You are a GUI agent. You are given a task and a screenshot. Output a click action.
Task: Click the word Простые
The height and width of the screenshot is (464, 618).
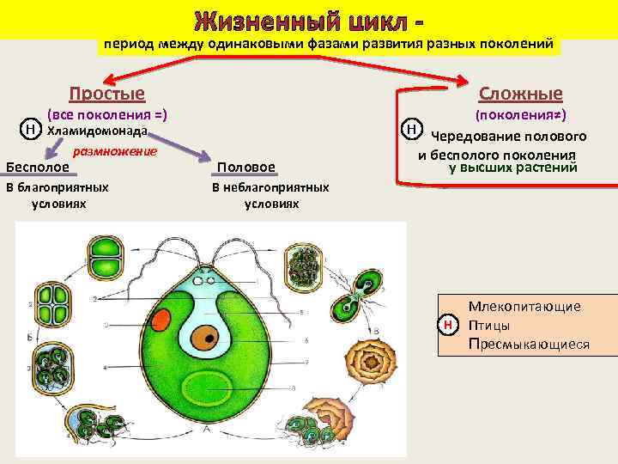(106, 94)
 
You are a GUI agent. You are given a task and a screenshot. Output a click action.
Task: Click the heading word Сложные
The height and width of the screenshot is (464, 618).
(520, 94)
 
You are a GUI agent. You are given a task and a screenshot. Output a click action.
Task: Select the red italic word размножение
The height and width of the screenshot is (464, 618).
(115, 151)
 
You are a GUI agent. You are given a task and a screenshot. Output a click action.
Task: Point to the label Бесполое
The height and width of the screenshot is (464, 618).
(37, 166)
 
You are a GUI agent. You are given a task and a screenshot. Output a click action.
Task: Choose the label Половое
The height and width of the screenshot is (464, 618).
(246, 167)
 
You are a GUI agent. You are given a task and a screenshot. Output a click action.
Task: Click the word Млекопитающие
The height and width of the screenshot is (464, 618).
(524, 306)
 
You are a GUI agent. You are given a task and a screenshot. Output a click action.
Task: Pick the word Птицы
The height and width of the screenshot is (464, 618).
(490, 325)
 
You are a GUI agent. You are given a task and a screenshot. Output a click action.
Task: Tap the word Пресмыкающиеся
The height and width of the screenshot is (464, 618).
(529, 344)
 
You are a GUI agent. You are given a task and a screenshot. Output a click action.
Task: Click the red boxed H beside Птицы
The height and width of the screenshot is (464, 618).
(447, 325)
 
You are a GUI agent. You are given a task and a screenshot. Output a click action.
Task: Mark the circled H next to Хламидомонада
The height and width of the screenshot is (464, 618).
(30, 130)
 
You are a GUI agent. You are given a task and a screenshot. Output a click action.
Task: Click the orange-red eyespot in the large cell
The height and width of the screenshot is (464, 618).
(161, 321)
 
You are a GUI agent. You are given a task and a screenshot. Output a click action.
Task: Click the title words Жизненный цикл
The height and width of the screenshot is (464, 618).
(300, 19)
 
